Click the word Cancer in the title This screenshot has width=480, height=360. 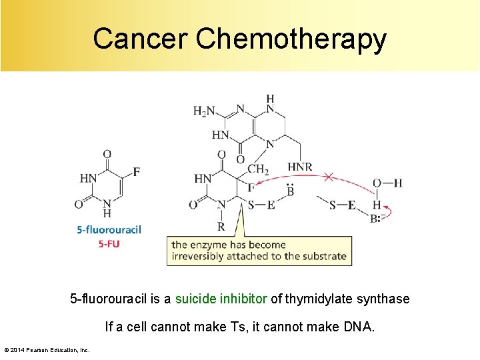[141, 39]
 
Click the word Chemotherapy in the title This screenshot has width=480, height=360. [291, 40]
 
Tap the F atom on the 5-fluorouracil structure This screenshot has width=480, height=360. [137, 172]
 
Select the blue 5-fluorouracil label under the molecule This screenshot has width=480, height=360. [109, 230]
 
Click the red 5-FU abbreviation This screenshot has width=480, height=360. [109, 243]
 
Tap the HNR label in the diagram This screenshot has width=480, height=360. [299, 166]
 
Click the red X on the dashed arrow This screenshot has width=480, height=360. [329, 177]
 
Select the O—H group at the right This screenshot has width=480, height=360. [387, 183]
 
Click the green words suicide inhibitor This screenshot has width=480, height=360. [221, 299]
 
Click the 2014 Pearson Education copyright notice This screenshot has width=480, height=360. [47, 349]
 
